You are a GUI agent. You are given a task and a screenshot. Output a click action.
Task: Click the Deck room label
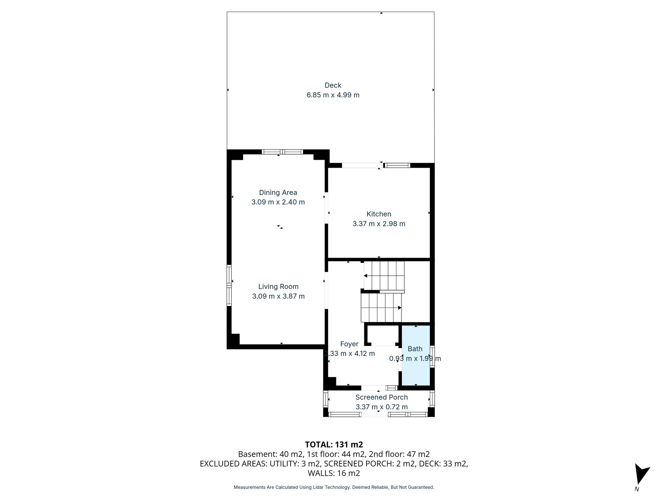(333, 85)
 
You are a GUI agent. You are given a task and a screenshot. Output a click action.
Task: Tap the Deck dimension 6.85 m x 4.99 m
(333, 95)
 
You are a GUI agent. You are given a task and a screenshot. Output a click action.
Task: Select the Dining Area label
(278, 192)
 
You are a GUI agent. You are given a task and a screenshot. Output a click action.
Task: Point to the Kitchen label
(379, 214)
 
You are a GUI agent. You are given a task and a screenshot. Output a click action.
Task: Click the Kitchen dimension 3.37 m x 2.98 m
(379, 224)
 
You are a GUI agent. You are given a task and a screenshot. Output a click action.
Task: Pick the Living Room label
(278, 287)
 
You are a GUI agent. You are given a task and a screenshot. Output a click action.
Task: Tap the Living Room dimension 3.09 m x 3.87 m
(278, 296)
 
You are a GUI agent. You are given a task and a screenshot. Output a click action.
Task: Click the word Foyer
(349, 344)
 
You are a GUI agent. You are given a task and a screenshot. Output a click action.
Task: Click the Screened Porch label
(381, 397)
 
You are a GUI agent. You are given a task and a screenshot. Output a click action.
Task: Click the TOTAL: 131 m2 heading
(334, 445)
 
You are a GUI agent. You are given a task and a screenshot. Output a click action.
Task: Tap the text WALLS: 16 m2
(334, 473)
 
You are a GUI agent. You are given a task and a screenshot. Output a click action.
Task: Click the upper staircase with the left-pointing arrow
(384, 276)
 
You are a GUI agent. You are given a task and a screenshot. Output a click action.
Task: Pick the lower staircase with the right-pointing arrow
(381, 308)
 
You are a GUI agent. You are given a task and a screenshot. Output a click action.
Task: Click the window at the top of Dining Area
(282, 152)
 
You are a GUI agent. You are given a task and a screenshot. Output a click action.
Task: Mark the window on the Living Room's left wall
(229, 285)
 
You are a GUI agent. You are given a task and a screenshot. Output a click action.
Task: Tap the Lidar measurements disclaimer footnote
(334, 487)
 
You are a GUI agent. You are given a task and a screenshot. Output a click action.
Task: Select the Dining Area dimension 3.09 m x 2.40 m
(278, 202)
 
